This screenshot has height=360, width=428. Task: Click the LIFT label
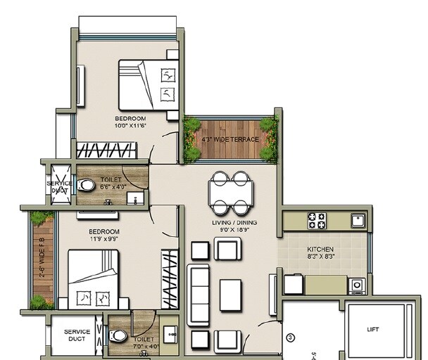click(372, 328)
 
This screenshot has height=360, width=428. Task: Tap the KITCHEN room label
click(321, 250)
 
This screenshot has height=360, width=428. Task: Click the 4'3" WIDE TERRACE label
click(230, 139)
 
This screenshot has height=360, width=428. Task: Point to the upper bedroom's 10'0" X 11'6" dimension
click(130, 126)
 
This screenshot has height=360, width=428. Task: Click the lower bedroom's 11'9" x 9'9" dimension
click(103, 239)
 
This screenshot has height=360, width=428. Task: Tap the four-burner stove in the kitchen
click(316, 221)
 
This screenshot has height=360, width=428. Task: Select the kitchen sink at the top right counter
click(358, 219)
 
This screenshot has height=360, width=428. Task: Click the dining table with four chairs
click(231, 193)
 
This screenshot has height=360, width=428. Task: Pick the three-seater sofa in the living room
click(198, 295)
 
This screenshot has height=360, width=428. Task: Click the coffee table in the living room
click(230, 295)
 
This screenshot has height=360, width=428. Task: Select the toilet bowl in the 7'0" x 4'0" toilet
click(119, 336)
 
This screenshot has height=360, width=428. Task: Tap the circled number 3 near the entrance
click(289, 338)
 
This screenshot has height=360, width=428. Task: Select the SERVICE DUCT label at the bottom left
click(76, 335)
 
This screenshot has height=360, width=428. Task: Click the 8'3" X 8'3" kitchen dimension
click(321, 258)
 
